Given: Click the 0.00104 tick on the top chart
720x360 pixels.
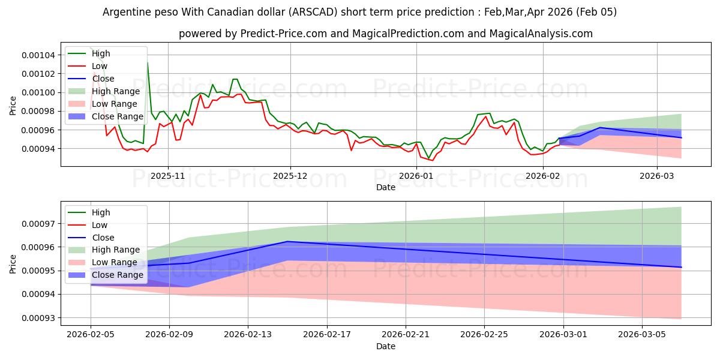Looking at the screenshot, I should [x=38, y=55].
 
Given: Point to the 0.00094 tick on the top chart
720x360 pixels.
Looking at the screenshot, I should [x=38, y=149].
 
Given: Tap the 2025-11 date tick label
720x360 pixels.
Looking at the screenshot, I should [x=168, y=176].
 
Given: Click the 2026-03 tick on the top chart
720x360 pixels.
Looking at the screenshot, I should [x=657, y=176].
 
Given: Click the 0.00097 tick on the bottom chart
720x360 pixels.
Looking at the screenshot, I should [x=38, y=224].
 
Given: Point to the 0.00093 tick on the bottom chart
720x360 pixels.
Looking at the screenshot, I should [x=38, y=318].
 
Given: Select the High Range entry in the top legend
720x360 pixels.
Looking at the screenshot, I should [x=115, y=91].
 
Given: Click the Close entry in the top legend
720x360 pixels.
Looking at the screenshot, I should [x=103, y=79].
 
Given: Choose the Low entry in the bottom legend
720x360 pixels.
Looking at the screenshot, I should [x=100, y=225].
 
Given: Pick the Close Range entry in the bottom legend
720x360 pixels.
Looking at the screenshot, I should [x=118, y=275].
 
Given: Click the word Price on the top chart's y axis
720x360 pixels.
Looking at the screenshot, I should [x=13, y=106].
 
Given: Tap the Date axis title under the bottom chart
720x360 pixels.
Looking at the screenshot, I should [x=386, y=347].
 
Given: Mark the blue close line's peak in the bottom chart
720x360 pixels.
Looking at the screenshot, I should [x=287, y=241].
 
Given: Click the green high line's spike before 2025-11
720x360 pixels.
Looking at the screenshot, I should [x=148, y=62].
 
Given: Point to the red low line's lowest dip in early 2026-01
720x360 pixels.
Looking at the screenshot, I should [x=432, y=160].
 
